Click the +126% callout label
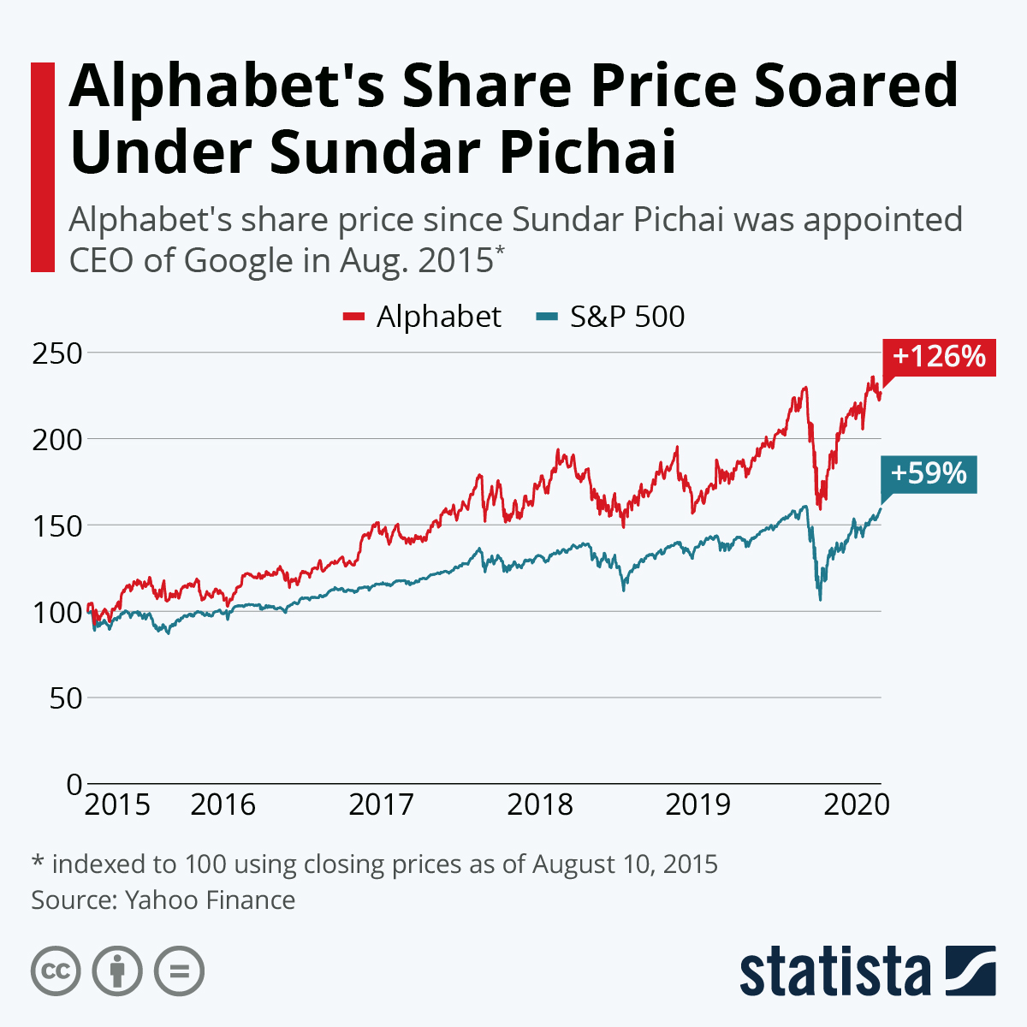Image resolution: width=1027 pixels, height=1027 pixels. coord(939,356)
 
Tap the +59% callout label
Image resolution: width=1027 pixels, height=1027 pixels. coord(928,473)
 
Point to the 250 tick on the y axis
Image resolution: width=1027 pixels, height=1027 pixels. coord(56,353)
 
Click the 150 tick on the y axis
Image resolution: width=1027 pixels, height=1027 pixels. coord(56,525)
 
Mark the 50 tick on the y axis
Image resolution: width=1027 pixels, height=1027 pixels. coord(65,698)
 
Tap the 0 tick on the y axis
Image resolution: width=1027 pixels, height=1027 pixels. coord(74,784)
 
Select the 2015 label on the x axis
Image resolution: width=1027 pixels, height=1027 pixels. coord(118,805)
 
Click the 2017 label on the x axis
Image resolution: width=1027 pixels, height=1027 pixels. coord(381,805)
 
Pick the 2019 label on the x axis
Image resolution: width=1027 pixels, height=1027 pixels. coord(698,805)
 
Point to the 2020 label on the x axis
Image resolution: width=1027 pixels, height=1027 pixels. coord(856,805)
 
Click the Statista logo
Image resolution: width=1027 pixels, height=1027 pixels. coord(867,971)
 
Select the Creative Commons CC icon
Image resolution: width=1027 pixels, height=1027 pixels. coord(56,971)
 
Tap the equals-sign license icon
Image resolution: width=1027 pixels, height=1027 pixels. coord(179,971)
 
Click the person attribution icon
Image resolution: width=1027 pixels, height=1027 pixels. coord(117,971)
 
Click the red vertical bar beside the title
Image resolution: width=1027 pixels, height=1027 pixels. coord(43,167)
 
